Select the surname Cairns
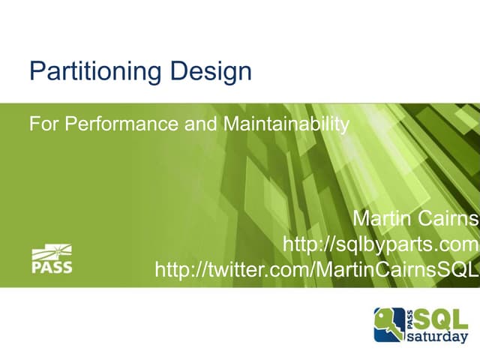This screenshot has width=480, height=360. point(447,220)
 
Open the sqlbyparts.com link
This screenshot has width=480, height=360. point(380,244)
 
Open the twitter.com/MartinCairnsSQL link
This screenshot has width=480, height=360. point(316,269)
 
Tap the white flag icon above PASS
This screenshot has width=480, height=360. point(52,253)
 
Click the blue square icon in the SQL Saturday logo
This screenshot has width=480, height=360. point(389,324)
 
